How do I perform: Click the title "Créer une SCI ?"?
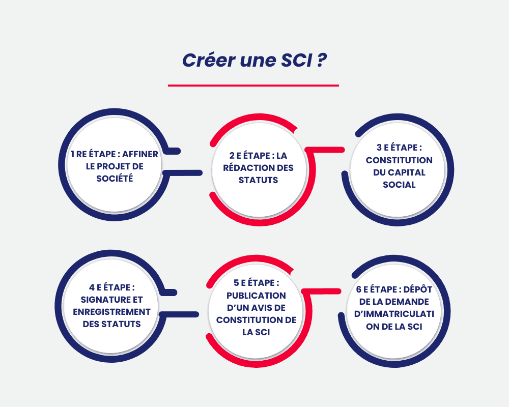pyautogui.click(x=254, y=60)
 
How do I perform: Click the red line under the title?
pyautogui.click(x=253, y=85)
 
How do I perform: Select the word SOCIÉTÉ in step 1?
pyautogui.click(x=115, y=179)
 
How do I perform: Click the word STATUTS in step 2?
pyautogui.click(x=258, y=180)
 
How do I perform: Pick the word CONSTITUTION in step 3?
pyautogui.click(x=399, y=160)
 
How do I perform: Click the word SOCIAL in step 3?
pyautogui.click(x=399, y=185)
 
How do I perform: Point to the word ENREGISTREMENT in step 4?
pyautogui.click(x=111, y=312)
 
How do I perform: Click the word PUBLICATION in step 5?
pyautogui.click(x=256, y=296)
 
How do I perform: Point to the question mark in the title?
pyautogui.click(x=322, y=60)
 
